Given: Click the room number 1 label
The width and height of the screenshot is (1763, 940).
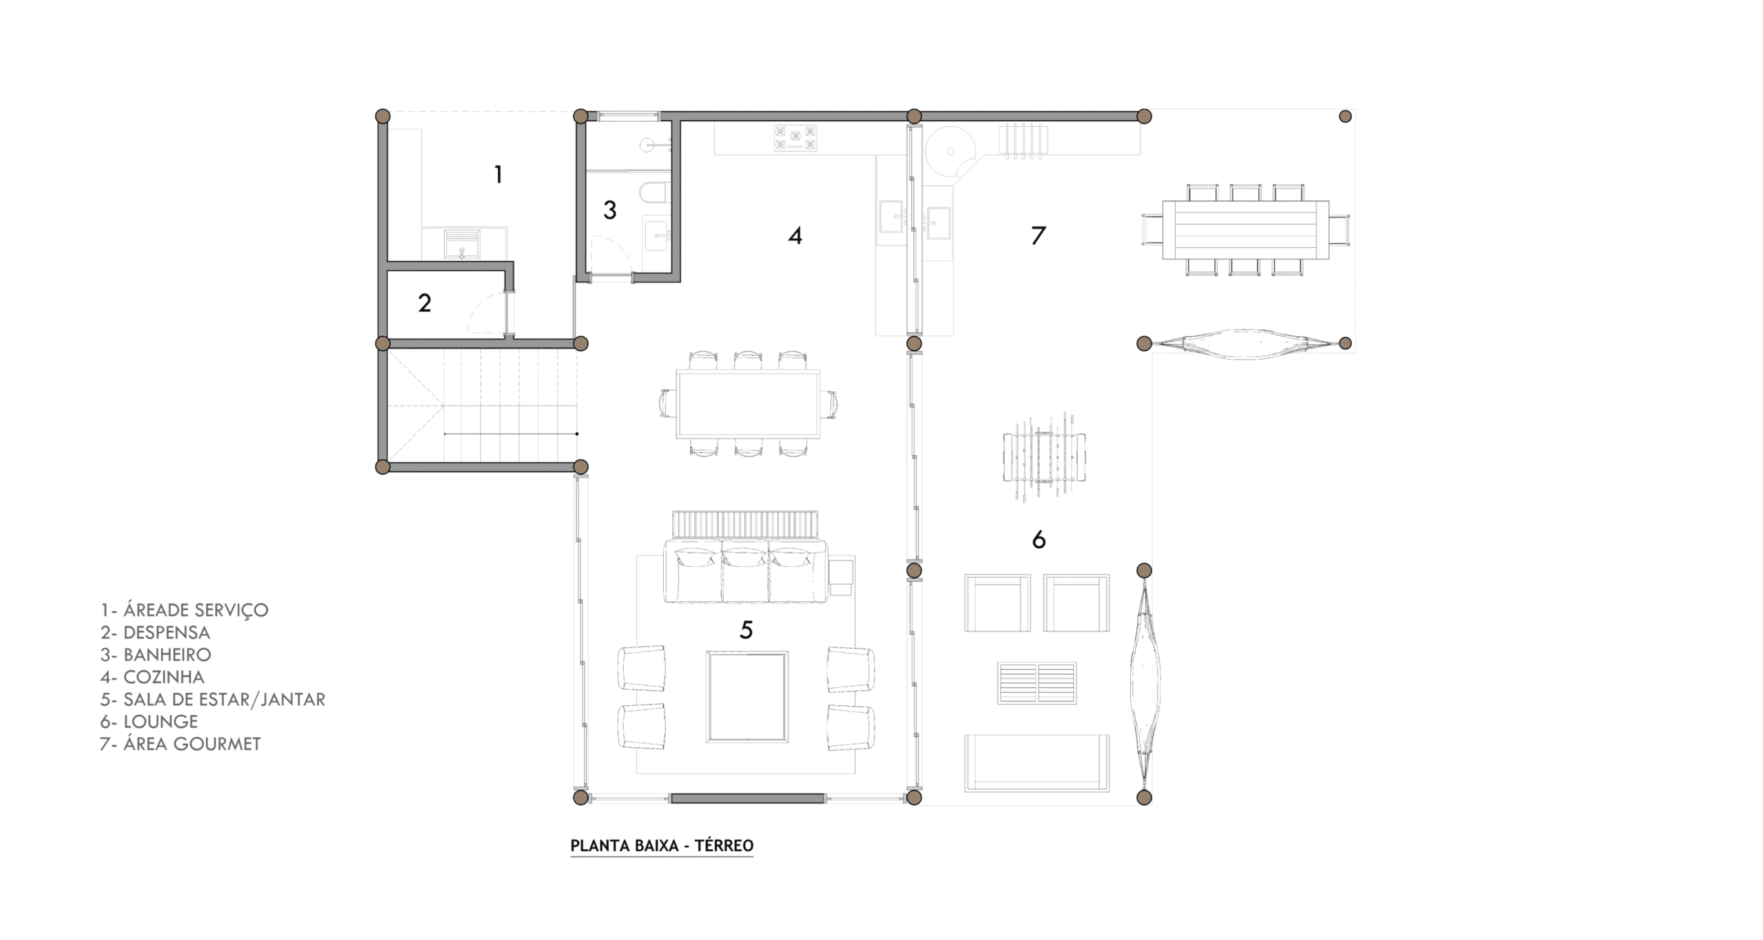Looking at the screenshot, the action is pos(499,175).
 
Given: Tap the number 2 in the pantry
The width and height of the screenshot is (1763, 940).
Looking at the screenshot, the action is pos(425,303).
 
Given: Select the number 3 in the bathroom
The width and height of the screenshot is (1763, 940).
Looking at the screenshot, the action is pos(609,210).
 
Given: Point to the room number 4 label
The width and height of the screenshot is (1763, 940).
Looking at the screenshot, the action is pos(795,236).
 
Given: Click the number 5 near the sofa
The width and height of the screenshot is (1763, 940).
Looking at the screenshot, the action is pos(747,629).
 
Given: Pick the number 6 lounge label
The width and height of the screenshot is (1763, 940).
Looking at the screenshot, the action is pos(1039,539).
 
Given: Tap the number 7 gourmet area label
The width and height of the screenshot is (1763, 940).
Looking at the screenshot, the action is pos(1039,236).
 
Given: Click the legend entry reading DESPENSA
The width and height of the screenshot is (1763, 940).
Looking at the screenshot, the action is pos(167,632).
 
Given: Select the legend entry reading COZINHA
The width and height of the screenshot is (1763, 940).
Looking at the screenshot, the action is pos(164,677).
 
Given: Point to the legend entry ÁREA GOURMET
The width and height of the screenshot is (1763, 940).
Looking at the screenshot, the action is pos(192,744).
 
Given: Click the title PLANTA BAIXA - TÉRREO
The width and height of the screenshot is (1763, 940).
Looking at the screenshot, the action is pos(662,845).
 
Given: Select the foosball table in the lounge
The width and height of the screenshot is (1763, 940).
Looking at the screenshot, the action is pos(1044,456).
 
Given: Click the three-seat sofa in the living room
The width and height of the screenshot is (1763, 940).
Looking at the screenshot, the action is pos(745,571).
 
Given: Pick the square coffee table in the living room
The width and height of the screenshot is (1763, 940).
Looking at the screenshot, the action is pos(747,697).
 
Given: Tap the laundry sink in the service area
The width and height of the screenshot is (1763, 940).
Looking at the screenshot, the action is pos(462,244).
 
